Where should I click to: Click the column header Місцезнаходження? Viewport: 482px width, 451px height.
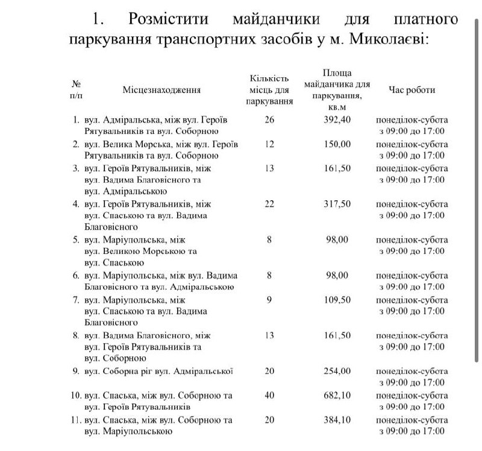tap(161, 90)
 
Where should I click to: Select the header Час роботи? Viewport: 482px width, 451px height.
tap(412, 90)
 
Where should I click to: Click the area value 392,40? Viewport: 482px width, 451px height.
tap(337, 119)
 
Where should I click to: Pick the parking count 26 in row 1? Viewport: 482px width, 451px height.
tap(269, 119)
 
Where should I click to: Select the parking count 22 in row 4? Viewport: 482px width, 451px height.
tap(269, 204)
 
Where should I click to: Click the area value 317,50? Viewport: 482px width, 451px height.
tap(337, 204)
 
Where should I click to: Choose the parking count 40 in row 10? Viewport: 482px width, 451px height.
tap(269, 396)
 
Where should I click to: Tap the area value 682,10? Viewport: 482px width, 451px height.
tap(337, 396)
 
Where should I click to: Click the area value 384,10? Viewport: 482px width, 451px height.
tap(337, 420)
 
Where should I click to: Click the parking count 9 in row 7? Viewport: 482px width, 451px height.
tap(269, 300)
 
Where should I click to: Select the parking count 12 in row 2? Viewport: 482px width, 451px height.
tap(269, 144)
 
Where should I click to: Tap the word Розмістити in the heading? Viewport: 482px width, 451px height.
tap(169, 19)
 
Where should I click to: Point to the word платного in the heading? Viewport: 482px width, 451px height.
tap(426, 19)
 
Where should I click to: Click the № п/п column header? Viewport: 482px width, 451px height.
tap(77, 89)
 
